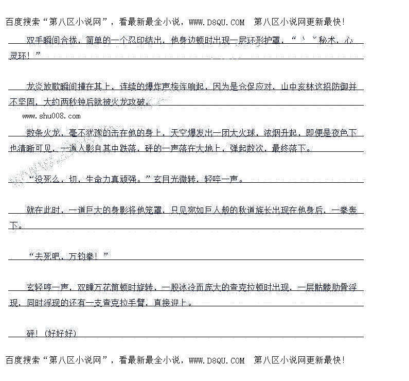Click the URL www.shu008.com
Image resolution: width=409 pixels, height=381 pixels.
point(51,117)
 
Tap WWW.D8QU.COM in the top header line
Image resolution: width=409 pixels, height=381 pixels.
point(217,22)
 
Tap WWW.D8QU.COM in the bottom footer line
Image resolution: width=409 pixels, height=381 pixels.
point(217,360)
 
